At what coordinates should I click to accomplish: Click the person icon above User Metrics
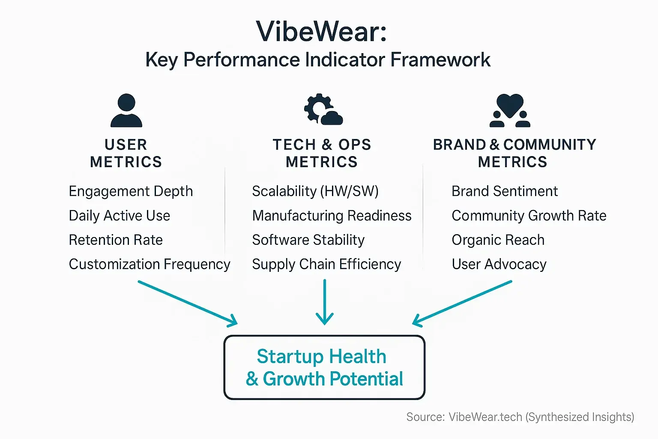click(126, 111)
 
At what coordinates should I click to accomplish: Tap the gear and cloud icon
click(323, 110)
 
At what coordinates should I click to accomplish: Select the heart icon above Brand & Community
click(510, 111)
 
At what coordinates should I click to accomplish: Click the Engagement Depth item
click(131, 191)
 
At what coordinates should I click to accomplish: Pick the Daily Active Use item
click(120, 216)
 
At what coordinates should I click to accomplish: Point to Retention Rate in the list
click(116, 240)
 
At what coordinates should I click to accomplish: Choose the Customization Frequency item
click(150, 265)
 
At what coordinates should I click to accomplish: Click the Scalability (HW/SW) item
click(315, 191)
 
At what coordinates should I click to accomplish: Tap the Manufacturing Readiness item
click(332, 216)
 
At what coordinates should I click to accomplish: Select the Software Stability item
click(308, 240)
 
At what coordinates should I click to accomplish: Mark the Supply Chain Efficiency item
click(326, 265)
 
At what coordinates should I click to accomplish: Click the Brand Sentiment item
click(505, 191)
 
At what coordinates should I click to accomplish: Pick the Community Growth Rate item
click(529, 216)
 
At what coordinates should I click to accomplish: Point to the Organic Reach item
click(498, 240)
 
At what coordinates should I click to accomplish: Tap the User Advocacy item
click(499, 265)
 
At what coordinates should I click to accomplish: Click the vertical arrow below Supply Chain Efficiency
click(325, 302)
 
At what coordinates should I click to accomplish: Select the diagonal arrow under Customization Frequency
click(188, 303)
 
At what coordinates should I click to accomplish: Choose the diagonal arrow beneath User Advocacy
click(462, 303)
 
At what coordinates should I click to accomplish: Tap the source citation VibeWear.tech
click(485, 417)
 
